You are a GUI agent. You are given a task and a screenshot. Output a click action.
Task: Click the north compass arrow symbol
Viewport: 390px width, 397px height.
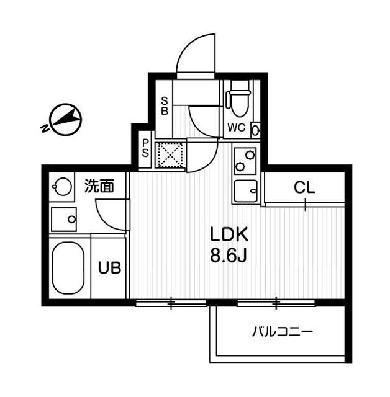(x=67, y=118)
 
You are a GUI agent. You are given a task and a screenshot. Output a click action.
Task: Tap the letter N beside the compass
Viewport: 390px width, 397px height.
(x=44, y=129)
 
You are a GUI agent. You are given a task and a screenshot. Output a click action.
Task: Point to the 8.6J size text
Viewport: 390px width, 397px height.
(x=229, y=255)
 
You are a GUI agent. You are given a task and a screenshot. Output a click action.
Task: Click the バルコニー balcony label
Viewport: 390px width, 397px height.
(x=282, y=331)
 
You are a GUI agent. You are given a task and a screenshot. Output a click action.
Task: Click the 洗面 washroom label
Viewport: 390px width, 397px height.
(x=99, y=186)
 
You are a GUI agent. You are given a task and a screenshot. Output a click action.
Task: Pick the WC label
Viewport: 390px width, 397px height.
(x=237, y=128)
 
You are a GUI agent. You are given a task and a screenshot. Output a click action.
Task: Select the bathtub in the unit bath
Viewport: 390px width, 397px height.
(x=67, y=269)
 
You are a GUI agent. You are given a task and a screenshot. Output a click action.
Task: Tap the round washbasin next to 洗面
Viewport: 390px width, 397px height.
(x=61, y=186)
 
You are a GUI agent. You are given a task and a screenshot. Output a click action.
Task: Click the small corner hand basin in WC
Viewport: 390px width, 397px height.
(x=255, y=129)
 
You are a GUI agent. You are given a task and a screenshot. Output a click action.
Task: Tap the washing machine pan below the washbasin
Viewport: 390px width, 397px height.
(x=65, y=219)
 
